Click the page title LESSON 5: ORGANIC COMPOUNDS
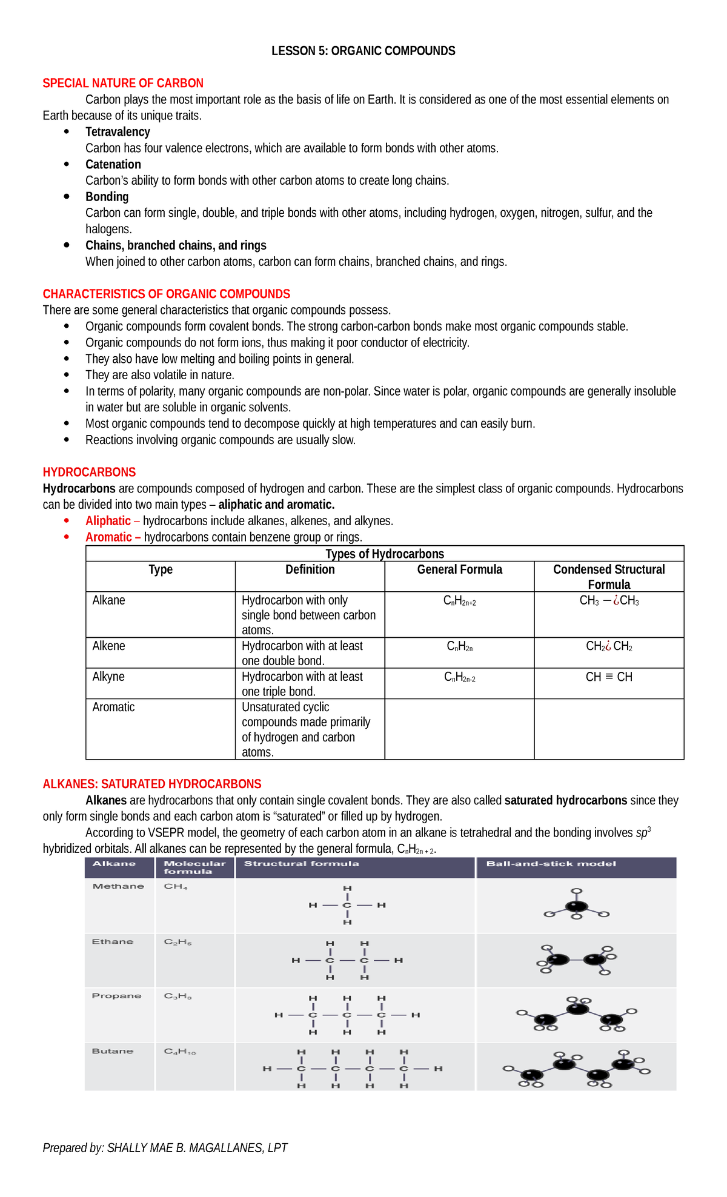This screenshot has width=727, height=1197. [x=363, y=51]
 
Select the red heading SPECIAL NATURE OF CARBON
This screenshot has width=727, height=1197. [x=123, y=83]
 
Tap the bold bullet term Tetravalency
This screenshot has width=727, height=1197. [x=118, y=132]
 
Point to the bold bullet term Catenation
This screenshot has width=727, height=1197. [x=113, y=164]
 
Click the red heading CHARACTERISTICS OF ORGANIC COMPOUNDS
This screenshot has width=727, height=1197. [x=166, y=294]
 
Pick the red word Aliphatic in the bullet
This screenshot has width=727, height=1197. [x=108, y=521]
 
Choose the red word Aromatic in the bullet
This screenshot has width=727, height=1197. [x=108, y=537]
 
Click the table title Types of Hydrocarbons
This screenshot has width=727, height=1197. [x=385, y=554]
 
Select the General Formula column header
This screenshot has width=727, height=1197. [x=459, y=569]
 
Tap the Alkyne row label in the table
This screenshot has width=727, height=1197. [x=108, y=677]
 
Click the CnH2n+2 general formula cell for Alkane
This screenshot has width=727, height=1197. [x=459, y=601]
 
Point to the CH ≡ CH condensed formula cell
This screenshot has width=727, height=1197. [x=609, y=677]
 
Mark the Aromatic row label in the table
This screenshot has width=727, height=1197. [x=113, y=707]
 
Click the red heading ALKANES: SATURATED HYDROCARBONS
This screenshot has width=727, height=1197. [x=152, y=784]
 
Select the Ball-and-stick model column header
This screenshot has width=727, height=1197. [x=551, y=864]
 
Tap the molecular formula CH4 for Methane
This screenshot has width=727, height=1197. [x=176, y=886]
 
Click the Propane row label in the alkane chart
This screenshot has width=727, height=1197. [x=116, y=996]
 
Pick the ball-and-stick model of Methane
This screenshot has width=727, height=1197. [x=576, y=905]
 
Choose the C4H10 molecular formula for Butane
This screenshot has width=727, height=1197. [x=180, y=1052]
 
